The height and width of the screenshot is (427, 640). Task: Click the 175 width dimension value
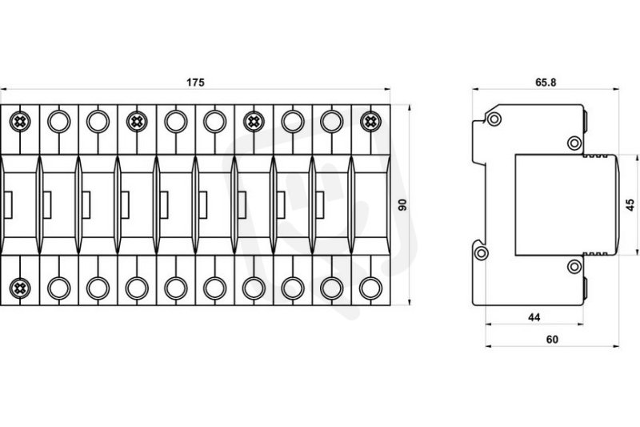[195, 83]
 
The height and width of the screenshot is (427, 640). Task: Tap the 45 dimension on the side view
[630, 204]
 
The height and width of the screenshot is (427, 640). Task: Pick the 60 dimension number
[552, 339]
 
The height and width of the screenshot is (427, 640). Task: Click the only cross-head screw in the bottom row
[19, 287]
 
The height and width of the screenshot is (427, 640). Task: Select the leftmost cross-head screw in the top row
[19, 122]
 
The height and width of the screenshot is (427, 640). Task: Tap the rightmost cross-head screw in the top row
[370, 122]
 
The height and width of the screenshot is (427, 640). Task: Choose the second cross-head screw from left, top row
[136, 122]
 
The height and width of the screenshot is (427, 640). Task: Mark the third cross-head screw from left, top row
[253, 122]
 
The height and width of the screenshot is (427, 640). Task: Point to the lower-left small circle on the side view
[482, 254]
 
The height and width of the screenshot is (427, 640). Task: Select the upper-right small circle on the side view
[574, 143]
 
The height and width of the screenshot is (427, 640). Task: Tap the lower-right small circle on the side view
[574, 266]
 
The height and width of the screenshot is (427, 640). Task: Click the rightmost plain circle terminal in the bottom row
[370, 287]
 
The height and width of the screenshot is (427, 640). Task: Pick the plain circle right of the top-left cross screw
[58, 122]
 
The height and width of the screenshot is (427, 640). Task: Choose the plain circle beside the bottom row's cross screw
[58, 287]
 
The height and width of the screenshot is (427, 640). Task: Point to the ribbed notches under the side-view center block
[599, 256]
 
